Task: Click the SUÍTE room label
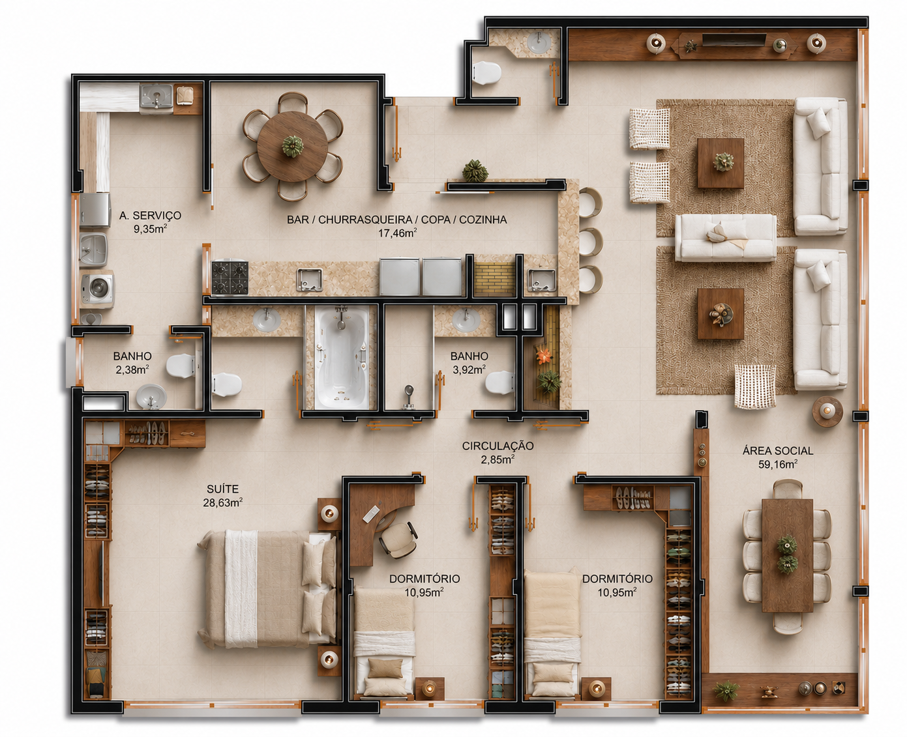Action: (x=222, y=489)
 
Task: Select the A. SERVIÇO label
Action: (x=150, y=216)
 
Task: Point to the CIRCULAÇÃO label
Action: (x=498, y=446)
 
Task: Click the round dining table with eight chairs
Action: (x=292, y=147)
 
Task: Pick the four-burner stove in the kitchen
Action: (x=230, y=278)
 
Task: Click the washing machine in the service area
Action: (x=98, y=288)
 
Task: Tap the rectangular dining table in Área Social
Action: (x=787, y=555)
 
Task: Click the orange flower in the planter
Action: (x=543, y=356)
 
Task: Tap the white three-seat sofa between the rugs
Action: (x=726, y=237)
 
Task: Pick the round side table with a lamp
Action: (x=827, y=411)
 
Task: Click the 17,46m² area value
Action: (x=397, y=233)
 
